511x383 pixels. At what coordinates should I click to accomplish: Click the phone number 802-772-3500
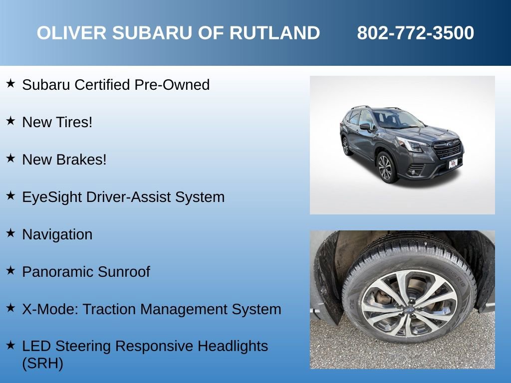click(415, 33)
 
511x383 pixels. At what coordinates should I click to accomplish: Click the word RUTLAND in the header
click(274, 33)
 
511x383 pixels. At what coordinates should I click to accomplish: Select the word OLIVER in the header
click(72, 33)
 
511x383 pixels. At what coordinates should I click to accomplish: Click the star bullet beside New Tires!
click(10, 121)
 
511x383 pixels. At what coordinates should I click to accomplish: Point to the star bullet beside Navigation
click(10, 233)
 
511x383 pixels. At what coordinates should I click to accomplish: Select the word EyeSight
click(52, 197)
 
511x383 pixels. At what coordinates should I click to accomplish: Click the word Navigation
click(57, 234)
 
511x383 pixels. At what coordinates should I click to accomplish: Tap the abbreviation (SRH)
click(43, 363)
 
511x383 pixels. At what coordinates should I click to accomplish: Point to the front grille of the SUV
click(447, 148)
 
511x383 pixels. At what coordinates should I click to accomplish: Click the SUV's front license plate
click(453, 164)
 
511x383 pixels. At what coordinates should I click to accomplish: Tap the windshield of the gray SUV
click(397, 119)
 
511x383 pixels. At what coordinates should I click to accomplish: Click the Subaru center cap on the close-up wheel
click(409, 309)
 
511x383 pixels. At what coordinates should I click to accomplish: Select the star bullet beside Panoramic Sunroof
click(10, 270)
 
